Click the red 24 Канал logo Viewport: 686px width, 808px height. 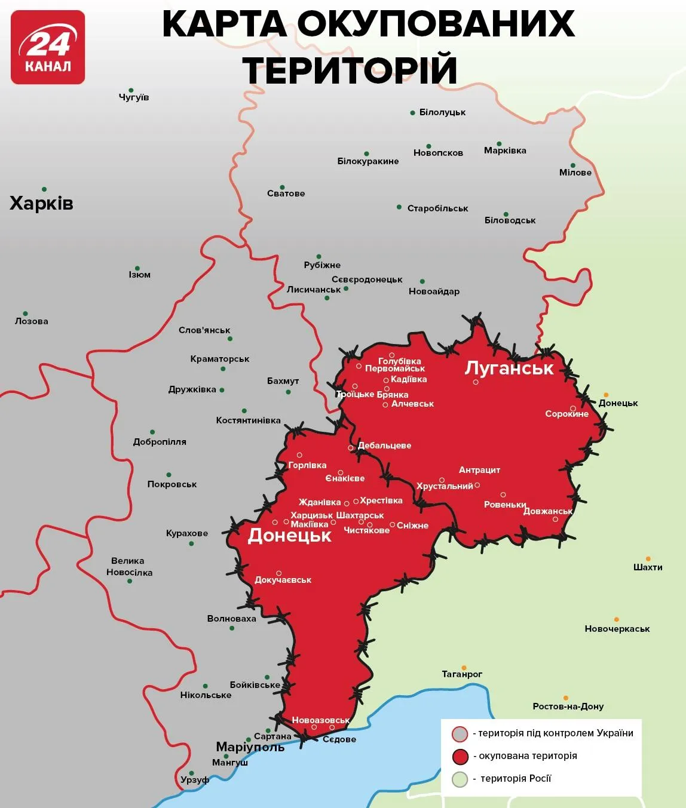point(48,47)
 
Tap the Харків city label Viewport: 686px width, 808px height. point(41,204)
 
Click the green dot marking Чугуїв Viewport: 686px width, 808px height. point(131,90)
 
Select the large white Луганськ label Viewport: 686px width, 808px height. point(509,368)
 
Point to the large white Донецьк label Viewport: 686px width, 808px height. point(289,535)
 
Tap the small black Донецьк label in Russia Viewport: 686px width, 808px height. point(618,403)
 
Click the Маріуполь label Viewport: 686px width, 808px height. point(250,747)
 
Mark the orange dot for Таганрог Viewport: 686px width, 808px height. point(464,668)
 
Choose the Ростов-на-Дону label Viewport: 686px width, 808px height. point(568,706)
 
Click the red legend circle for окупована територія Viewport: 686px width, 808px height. point(460,757)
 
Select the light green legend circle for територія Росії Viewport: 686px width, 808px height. point(460,779)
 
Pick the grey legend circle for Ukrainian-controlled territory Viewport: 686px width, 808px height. point(460,734)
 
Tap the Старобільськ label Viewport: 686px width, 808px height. point(437,208)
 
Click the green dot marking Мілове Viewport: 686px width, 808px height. point(572,165)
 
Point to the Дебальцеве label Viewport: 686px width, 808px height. point(384,446)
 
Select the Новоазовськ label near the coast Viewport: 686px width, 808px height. point(320,720)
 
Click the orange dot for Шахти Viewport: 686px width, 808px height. point(648,559)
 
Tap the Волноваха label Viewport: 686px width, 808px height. point(231,619)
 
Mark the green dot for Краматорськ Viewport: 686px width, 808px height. point(223,368)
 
